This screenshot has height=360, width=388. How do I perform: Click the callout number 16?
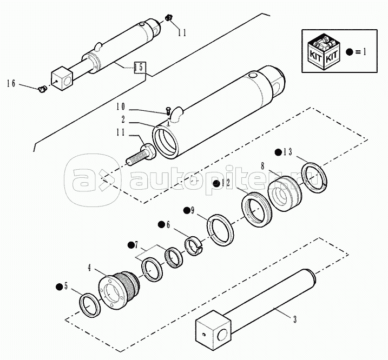click(11, 83)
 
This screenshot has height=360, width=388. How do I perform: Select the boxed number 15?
click(140, 67)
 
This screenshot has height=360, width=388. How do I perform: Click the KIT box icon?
click(324, 52)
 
